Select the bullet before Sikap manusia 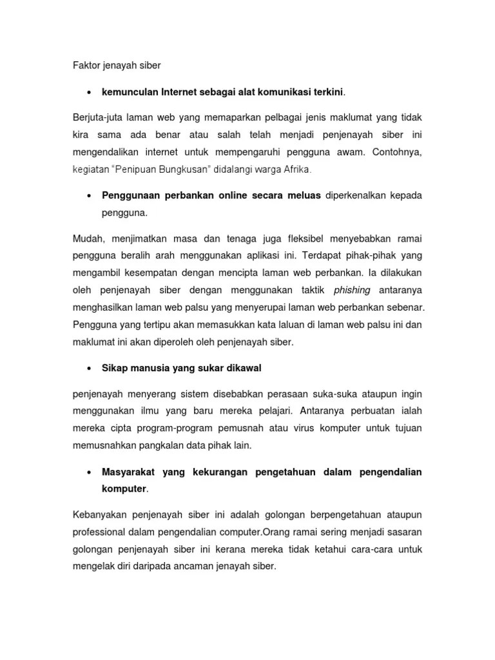click(88, 368)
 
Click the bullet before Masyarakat click(88, 472)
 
